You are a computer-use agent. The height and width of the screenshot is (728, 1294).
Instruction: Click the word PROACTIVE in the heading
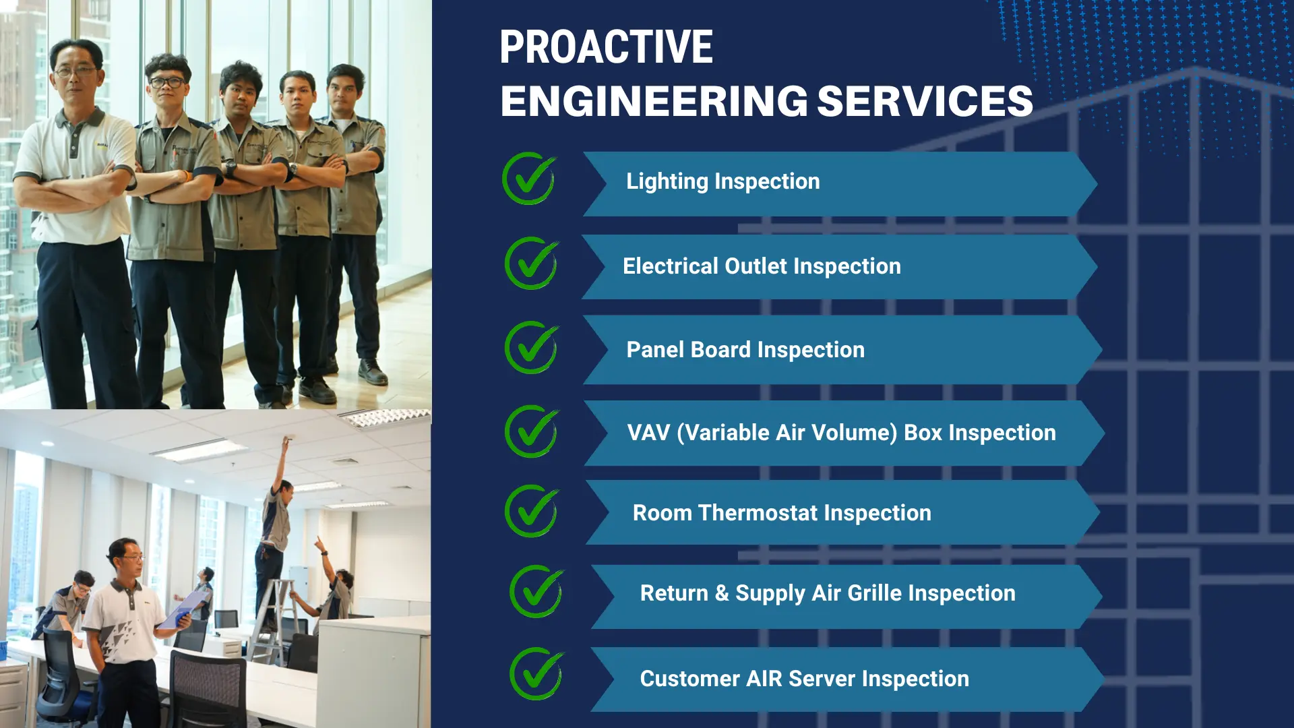(606, 47)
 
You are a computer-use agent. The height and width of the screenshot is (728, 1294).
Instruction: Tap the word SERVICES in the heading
(925, 101)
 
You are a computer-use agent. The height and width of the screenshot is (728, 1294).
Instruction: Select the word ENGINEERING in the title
(654, 101)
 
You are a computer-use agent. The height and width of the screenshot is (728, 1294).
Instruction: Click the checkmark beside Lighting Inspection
(529, 179)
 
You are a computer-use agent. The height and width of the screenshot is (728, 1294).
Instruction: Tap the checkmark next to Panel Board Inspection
(532, 348)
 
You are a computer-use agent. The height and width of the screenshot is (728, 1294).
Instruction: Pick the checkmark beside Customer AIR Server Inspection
(537, 674)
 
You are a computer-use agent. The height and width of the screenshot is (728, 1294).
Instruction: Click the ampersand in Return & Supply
(722, 593)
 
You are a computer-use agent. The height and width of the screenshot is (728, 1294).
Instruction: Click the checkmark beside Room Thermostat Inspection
(532, 511)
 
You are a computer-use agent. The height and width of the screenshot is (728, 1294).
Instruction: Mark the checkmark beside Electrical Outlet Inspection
(532, 263)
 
